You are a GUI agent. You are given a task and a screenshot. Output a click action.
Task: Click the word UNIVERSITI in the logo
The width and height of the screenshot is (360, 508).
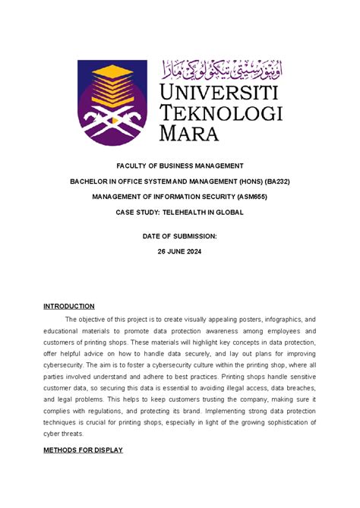coord(220,93)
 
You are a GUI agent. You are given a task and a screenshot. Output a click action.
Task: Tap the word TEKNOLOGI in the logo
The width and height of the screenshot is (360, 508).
coord(220,113)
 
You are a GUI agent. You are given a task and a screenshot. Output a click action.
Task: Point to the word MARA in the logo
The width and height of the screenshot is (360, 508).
coord(188,134)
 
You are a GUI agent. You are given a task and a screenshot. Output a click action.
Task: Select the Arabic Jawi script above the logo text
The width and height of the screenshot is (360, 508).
coord(220,70)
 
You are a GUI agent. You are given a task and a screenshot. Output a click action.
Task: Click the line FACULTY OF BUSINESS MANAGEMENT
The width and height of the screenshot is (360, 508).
coord(179,166)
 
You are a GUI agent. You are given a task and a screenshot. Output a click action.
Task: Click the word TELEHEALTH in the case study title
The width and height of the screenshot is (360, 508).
coord(190,213)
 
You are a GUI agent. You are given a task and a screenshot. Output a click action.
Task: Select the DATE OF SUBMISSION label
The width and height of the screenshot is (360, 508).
coord(179,237)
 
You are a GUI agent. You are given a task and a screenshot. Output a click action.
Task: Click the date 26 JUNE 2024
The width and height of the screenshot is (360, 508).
coord(179,253)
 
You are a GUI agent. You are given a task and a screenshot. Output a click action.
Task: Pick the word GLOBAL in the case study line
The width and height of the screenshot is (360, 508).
coord(226,213)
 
